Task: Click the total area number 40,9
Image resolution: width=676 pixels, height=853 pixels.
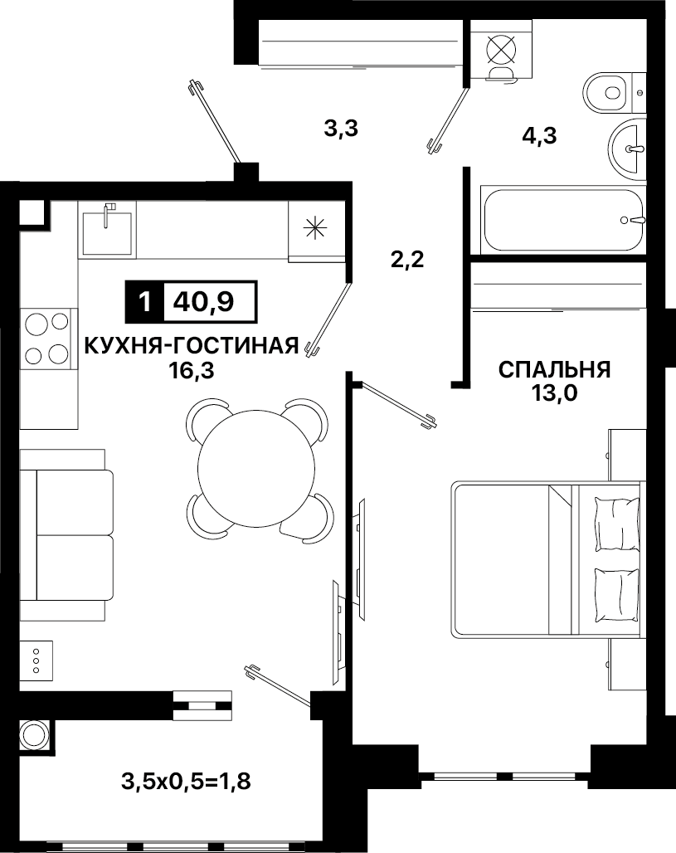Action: coord(203,301)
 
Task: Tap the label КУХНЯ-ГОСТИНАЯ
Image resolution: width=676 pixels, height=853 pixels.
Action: coord(192,345)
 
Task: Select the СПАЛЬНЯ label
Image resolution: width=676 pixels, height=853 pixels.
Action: coord(554,369)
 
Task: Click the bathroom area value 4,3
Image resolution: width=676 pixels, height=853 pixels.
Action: coord(539,135)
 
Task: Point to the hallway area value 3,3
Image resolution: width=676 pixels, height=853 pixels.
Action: coord(341,129)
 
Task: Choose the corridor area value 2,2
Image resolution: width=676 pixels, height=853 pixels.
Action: coord(407,260)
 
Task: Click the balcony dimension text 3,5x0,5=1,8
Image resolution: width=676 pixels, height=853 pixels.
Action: coord(186,782)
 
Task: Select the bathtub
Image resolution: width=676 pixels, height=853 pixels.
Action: coord(563,220)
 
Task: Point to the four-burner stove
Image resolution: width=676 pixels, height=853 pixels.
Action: coord(46,339)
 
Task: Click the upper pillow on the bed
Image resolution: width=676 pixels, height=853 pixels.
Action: coord(617,523)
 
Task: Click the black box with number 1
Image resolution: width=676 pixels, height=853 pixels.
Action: coord(144,301)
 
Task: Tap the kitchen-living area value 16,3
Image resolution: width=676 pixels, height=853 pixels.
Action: coord(191,371)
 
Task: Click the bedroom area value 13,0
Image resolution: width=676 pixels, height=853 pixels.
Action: coord(554,392)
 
